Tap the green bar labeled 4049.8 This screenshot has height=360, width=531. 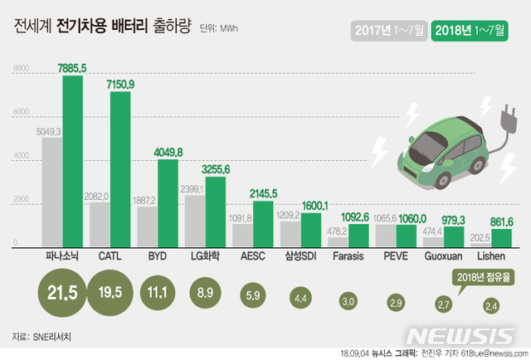[x=168, y=202]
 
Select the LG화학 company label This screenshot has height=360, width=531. [x=207, y=256]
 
